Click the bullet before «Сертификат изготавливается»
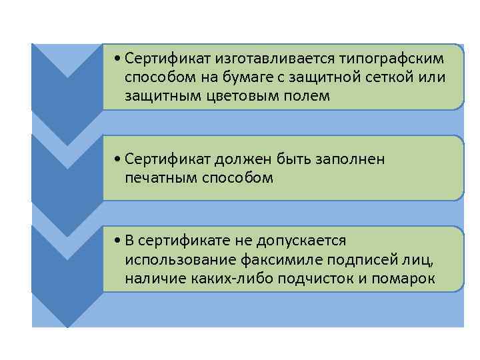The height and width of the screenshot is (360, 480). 117,59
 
